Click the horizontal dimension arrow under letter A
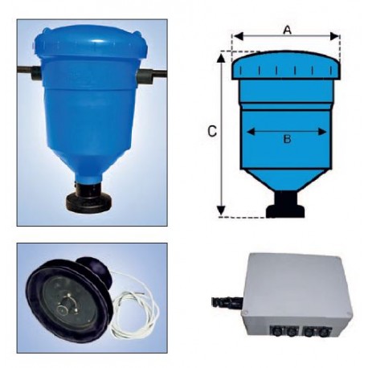286,37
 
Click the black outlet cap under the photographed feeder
88,198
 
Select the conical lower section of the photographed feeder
88,157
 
